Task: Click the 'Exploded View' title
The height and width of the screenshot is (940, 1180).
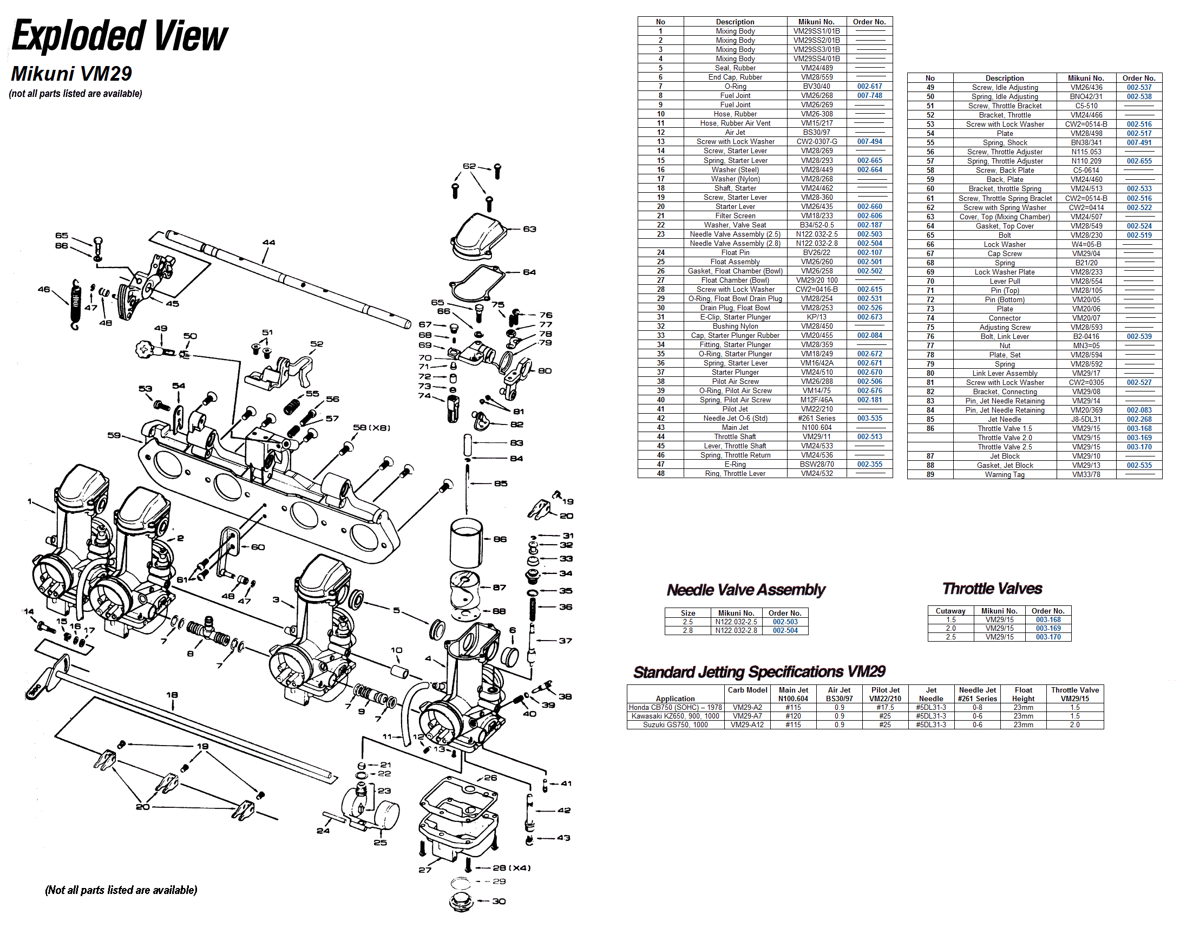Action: pos(119,36)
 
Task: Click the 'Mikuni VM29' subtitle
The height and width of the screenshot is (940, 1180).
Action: pos(71,74)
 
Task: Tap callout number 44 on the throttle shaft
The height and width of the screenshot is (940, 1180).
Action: pos(268,242)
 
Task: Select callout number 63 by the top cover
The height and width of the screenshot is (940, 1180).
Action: pos(529,229)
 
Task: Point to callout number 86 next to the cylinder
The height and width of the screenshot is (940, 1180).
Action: pos(500,539)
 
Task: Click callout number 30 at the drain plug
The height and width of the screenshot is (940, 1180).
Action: pos(499,901)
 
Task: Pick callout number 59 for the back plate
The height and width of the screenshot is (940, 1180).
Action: pos(114,435)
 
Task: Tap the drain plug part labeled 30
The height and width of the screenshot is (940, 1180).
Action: pos(461,902)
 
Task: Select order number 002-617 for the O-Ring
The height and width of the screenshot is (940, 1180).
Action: pos(870,87)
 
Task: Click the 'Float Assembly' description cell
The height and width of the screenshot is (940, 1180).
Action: pos(735,262)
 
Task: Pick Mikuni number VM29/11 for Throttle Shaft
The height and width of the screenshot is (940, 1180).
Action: pos(817,437)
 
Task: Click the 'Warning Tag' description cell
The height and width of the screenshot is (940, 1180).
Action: pos(1004,475)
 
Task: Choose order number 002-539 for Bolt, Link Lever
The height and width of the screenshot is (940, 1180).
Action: pos(1139,336)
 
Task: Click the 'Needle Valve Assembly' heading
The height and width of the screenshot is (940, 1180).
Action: pos(746,590)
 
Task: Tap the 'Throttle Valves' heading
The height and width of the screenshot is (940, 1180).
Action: pos(992,589)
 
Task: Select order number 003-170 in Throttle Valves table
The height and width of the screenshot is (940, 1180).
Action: pos(1048,637)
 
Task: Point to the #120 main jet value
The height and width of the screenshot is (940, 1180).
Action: pos(793,716)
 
